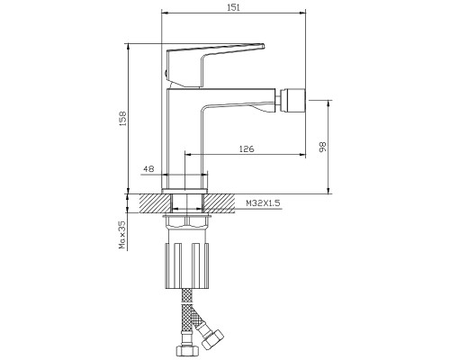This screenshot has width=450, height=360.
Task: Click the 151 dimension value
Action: (234, 7)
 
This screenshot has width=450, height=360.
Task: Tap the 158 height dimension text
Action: (123, 119)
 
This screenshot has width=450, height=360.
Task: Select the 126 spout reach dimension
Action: (247, 148)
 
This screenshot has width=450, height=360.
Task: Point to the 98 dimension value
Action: (323, 147)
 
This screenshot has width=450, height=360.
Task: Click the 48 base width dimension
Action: (148, 169)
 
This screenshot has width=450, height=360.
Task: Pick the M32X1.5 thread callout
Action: (263, 203)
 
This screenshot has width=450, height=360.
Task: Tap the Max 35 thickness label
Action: (122, 235)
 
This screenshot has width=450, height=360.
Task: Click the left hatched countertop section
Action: (155, 203)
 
